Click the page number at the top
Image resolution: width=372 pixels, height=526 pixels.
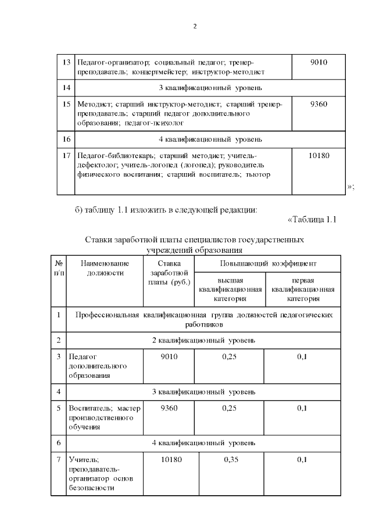pos(195,26)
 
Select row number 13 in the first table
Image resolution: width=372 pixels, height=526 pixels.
pos(66,62)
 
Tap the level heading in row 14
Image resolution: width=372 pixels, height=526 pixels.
pos(210,88)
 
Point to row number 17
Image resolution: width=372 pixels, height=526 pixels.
pos(66,156)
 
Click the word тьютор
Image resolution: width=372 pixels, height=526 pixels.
pos(258,174)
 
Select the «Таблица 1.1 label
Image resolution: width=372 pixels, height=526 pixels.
pos(312,219)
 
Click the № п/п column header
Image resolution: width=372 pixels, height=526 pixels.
pos(58,268)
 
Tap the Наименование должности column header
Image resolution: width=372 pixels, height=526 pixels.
pos(105,268)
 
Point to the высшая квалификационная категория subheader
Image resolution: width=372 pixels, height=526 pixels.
pos(230,289)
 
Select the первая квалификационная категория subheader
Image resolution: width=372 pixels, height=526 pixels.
pos(302,289)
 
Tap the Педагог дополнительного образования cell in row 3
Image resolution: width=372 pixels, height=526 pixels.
pos(97,365)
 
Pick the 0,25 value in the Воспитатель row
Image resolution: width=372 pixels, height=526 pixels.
pos(229,407)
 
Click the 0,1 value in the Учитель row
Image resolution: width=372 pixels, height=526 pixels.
pos(302,460)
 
